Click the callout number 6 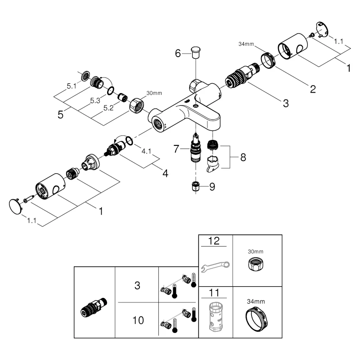point(178,54)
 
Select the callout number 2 point(312,88)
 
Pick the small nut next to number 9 point(195,186)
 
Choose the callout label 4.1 point(147,152)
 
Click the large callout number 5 point(60,114)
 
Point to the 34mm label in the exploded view point(246,44)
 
